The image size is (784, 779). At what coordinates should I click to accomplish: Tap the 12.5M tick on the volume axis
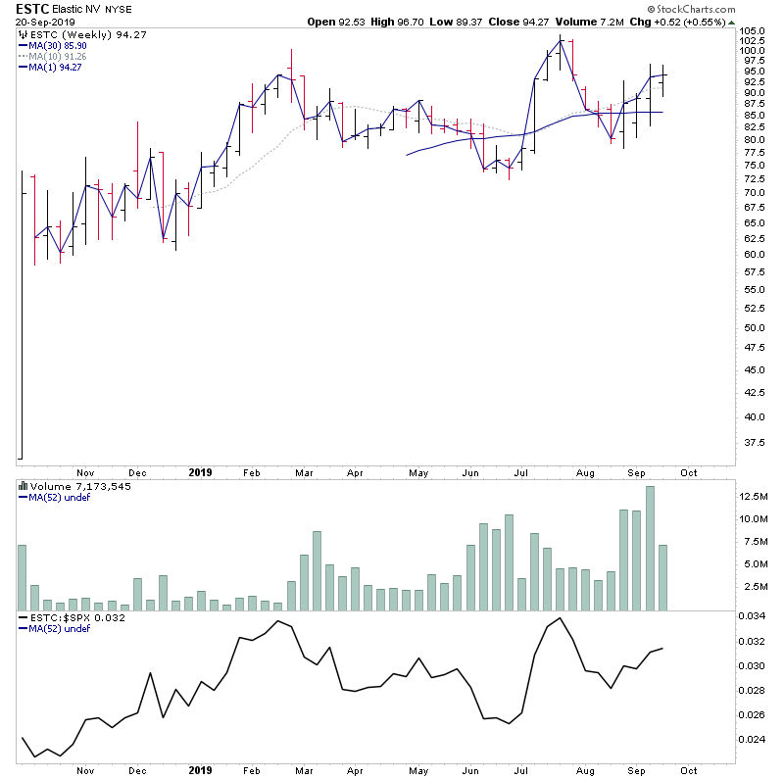[755, 496]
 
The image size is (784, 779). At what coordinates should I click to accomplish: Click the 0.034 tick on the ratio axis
[752, 617]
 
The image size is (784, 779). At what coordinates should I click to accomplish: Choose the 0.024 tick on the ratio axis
[752, 740]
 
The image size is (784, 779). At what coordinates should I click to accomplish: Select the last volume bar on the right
[662, 578]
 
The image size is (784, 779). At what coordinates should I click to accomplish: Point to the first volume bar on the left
[22, 578]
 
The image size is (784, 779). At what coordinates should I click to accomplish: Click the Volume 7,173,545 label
[68, 486]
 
